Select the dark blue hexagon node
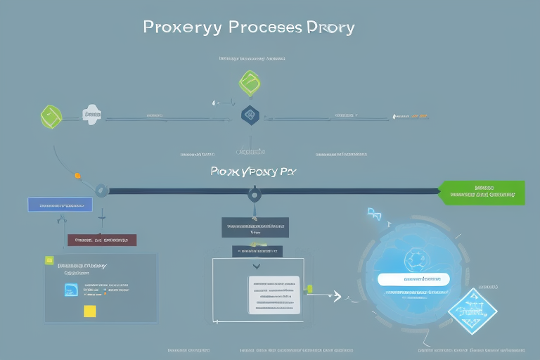point(250,115)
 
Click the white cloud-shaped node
point(91,115)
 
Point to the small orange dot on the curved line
point(77,175)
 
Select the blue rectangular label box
point(60,205)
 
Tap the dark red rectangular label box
point(101,240)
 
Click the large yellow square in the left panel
point(90,311)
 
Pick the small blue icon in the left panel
point(71,290)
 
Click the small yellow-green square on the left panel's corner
point(49,260)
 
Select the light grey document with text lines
point(274,295)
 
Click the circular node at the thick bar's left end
point(101,190)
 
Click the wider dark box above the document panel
point(255,226)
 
